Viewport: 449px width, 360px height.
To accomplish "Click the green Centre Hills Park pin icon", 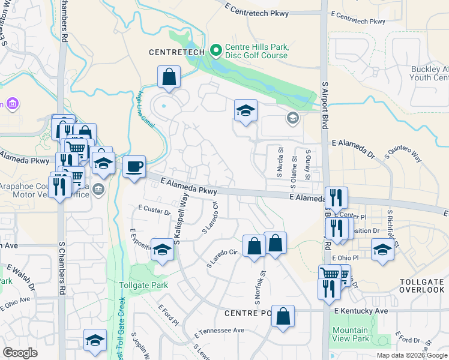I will (x=216, y=50).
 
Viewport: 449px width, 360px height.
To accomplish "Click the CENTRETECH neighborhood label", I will (x=177, y=52).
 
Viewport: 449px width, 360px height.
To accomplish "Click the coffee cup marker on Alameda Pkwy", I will (x=134, y=166).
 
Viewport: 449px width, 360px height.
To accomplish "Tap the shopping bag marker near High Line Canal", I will (x=169, y=77).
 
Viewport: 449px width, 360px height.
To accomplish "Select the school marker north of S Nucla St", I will (x=245, y=110).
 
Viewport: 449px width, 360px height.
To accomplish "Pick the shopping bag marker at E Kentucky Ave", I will (x=283, y=316).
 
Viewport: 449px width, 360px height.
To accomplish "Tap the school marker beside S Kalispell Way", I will (x=161, y=249).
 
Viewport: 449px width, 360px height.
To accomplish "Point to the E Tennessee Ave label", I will (x=219, y=331).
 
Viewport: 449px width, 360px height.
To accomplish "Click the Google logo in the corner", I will (x=20, y=352).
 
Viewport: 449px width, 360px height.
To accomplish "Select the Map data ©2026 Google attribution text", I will (x=411, y=355).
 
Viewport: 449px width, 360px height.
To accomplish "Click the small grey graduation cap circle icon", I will (x=292, y=118).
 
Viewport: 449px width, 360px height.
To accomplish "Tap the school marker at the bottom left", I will (x=95, y=340).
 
